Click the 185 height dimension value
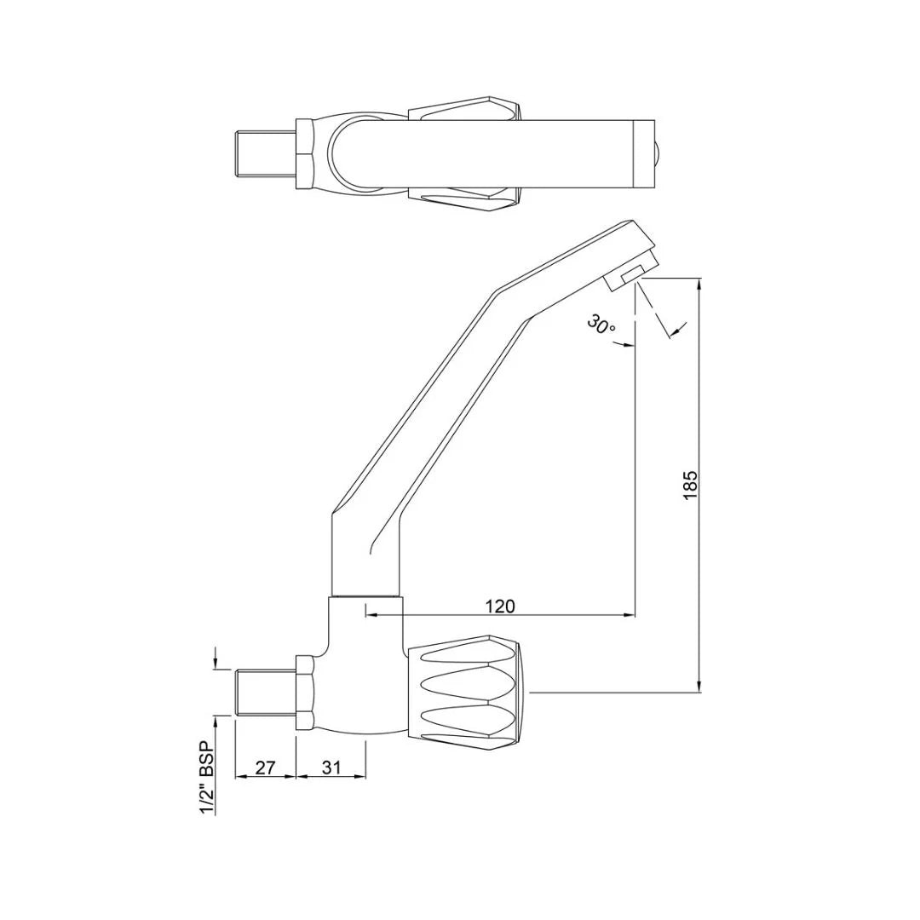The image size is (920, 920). (690, 485)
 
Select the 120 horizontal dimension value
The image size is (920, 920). (500, 606)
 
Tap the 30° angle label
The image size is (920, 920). (601, 325)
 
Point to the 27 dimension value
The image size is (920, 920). (265, 768)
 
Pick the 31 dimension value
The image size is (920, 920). (331, 768)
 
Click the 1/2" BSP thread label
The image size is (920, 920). (206, 777)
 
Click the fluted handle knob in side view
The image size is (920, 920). (467, 692)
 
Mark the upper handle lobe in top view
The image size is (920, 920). (464, 111)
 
